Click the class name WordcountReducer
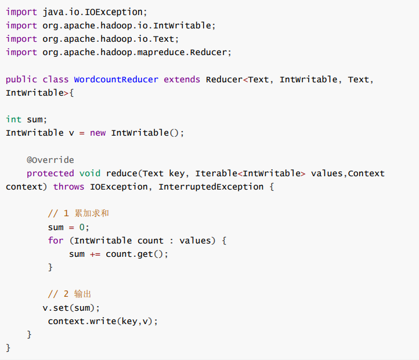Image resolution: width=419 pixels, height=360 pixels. [116, 79]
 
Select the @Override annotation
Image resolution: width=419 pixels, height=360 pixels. [50, 160]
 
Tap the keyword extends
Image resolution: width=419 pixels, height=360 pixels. [182, 79]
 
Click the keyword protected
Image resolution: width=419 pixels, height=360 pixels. [50, 173]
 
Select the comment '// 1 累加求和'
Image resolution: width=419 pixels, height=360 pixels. [78, 213]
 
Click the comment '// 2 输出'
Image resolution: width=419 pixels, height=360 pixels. [70, 294]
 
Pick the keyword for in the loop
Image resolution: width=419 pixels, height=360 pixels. [56, 240]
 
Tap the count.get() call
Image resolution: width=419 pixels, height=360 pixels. [137, 254]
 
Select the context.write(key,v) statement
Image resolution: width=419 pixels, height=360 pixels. [103, 321]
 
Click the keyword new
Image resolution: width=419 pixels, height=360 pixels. [98, 133]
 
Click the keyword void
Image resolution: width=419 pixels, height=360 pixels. [90, 173]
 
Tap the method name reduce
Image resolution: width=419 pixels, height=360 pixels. [121, 173]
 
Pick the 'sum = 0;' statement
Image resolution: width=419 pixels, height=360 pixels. [69, 227]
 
